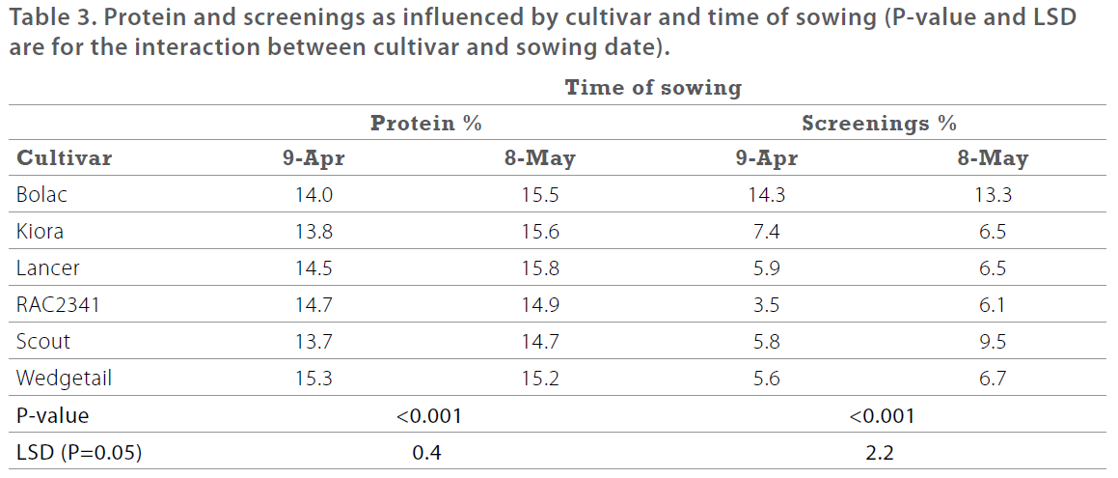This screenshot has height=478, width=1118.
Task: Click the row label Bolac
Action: pos(41,195)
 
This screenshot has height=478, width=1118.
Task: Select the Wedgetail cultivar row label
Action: pos(64,379)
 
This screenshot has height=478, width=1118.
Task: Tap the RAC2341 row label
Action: pos(58,305)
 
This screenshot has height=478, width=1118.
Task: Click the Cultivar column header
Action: pos(65,158)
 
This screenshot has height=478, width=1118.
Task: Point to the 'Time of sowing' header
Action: pos(653,88)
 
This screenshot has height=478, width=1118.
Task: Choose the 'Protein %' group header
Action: pos(426,124)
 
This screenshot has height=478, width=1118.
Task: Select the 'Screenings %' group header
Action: pos(879,124)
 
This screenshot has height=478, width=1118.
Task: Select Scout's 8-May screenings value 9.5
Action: pos(993,342)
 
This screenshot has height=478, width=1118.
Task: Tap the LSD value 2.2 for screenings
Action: pos(880,452)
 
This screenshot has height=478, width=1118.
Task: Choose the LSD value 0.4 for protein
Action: pos(427,452)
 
